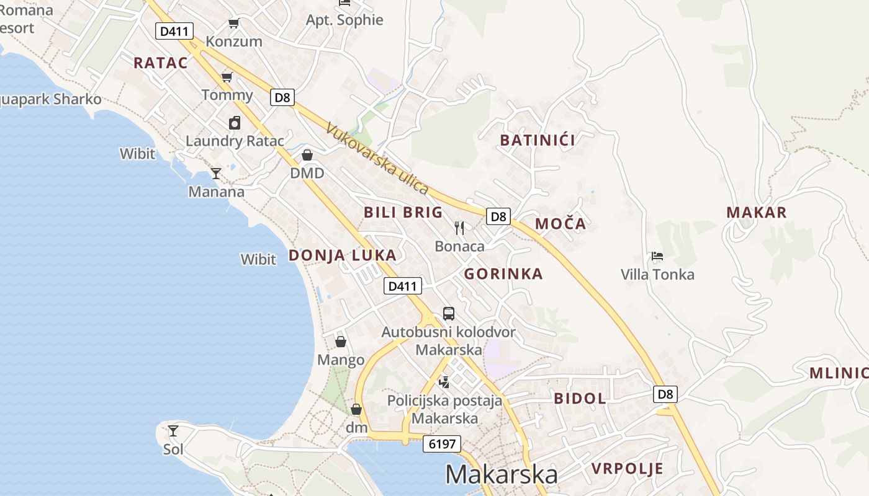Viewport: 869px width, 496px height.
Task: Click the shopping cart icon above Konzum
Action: pyautogui.click(x=234, y=24)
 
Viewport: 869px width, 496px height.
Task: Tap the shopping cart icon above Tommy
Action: pyautogui.click(x=227, y=77)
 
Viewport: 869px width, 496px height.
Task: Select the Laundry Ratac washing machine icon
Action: pyautogui.click(x=234, y=123)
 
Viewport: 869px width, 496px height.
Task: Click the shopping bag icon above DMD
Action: pyautogui.click(x=307, y=155)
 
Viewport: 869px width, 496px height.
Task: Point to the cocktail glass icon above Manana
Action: pyautogui.click(x=216, y=174)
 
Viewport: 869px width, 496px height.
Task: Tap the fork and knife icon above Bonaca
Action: pyautogui.click(x=459, y=228)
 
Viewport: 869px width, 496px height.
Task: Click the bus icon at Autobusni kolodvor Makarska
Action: pyautogui.click(x=448, y=314)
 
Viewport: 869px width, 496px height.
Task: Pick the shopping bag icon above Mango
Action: pyautogui.click(x=341, y=342)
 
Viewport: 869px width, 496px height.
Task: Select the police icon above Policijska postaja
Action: pyautogui.click(x=444, y=382)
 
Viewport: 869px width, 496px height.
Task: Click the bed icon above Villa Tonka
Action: pyautogui.click(x=657, y=256)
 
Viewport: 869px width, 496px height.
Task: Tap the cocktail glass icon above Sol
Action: pyautogui.click(x=173, y=430)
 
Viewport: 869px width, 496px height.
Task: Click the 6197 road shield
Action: pyautogui.click(x=443, y=444)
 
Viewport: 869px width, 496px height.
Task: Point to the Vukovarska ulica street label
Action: pyautogui.click(x=377, y=159)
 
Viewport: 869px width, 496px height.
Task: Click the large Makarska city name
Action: pyautogui.click(x=502, y=474)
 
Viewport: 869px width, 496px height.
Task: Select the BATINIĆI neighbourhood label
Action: pyautogui.click(x=538, y=140)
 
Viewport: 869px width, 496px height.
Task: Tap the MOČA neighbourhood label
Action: pyautogui.click(x=561, y=224)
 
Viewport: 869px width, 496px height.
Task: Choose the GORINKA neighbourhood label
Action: pyautogui.click(x=503, y=274)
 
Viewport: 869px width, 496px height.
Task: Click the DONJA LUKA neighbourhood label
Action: pyautogui.click(x=342, y=255)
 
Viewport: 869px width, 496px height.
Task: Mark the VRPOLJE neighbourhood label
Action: pyautogui.click(x=628, y=468)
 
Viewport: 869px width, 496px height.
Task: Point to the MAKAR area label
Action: pyautogui.click(x=757, y=213)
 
